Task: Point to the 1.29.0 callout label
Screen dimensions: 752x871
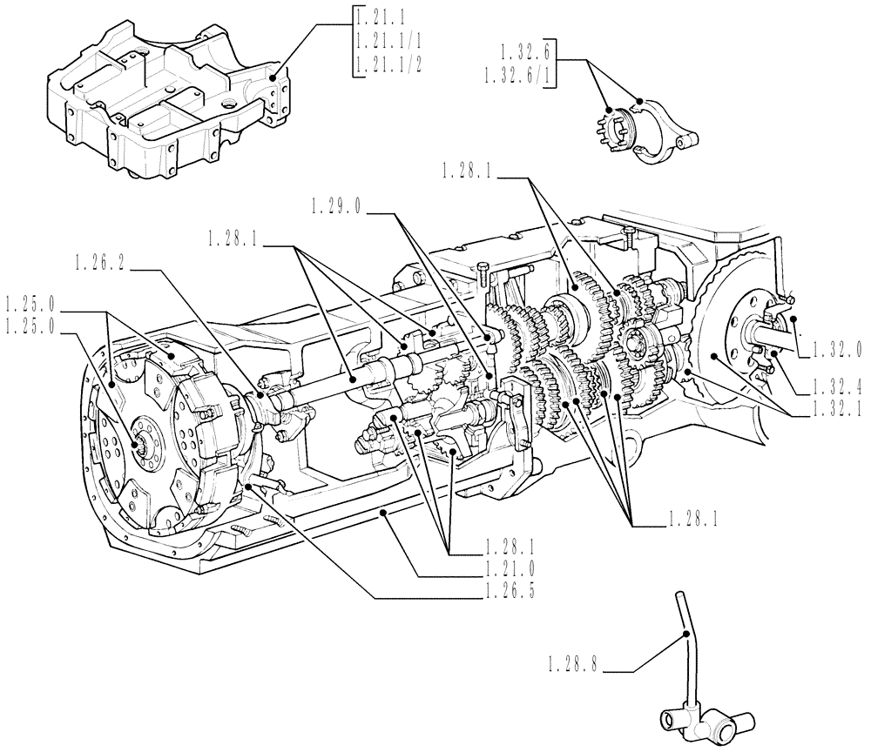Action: click(339, 205)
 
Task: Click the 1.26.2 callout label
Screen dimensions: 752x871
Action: click(103, 261)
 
